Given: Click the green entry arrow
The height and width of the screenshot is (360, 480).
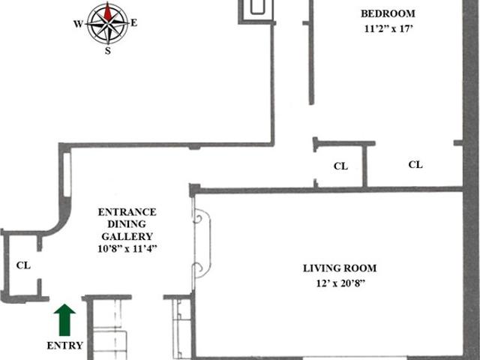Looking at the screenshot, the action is (x=64, y=320).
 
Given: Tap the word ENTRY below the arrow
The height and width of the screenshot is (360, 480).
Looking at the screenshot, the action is (x=65, y=346).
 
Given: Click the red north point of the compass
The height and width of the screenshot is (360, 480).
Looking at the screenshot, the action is (x=107, y=12).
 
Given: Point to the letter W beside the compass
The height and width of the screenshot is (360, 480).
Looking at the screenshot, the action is (x=78, y=24).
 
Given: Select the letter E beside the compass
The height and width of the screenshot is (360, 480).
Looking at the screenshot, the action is (x=134, y=23).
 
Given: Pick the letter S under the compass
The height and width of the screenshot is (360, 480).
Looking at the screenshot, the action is (x=108, y=50).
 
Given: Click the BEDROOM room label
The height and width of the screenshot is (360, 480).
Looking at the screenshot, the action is (x=388, y=13).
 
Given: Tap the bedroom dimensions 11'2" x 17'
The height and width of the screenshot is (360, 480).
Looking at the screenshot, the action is (x=388, y=28).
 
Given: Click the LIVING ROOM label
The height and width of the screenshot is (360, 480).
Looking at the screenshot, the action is (x=340, y=268).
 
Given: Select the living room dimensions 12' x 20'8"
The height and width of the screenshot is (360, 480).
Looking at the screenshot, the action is (x=340, y=283).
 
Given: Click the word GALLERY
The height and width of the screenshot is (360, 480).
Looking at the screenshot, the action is (x=127, y=236).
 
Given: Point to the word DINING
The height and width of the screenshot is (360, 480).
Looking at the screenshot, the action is (x=127, y=224).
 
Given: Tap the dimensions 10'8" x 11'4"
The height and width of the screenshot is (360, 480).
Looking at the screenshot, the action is (x=127, y=248).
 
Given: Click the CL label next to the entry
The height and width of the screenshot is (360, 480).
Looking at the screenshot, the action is (x=23, y=265).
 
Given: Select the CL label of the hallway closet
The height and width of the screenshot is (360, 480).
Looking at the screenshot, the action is (x=340, y=166).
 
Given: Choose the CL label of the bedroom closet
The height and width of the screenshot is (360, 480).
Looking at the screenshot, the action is (x=415, y=165).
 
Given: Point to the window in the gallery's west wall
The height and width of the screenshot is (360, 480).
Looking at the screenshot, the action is (x=67, y=175).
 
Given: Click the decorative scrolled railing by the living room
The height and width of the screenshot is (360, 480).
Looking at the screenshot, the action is (x=202, y=243).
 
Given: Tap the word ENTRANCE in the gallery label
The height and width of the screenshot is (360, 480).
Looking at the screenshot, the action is (x=127, y=212).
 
